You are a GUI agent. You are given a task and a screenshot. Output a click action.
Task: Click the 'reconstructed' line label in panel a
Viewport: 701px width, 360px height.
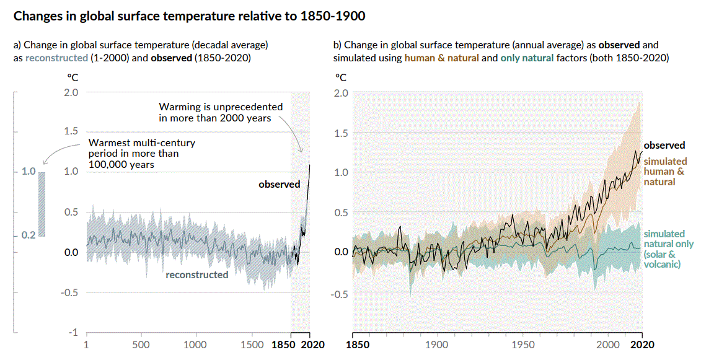point(196,274)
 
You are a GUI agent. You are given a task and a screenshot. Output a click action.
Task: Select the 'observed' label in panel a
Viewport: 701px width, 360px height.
point(279,184)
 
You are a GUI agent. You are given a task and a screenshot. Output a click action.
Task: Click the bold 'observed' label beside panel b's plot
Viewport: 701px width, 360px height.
point(664,145)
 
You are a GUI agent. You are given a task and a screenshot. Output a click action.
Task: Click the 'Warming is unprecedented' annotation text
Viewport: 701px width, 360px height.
point(221,112)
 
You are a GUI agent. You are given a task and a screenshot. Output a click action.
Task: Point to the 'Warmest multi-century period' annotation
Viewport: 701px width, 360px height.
point(143,154)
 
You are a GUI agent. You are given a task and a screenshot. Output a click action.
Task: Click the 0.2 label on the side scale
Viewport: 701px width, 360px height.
point(29,235)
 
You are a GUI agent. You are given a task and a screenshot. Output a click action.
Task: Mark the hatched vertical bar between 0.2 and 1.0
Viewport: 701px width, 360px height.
point(42,204)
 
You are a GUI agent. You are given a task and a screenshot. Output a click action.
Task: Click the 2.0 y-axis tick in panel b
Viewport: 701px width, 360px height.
point(341,93)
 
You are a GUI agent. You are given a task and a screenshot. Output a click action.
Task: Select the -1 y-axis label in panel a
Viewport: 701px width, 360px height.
point(73,333)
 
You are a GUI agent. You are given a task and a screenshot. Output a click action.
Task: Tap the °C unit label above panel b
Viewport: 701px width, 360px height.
point(340,77)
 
